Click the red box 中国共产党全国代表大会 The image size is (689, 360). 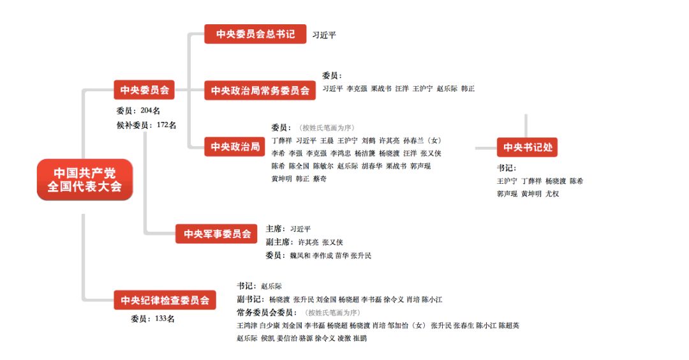click(x=84, y=179)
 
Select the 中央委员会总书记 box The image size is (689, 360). click(x=255, y=34)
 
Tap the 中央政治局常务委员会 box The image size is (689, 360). click(x=260, y=91)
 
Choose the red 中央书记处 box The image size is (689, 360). click(x=528, y=147)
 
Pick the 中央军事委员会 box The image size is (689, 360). click(x=217, y=234)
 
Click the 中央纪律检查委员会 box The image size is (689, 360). click(x=165, y=299)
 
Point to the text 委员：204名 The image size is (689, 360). click(x=135, y=110)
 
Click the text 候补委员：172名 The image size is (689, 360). click(x=142, y=124)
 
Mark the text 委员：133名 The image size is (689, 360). click(x=152, y=319)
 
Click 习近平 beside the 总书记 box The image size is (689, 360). click(x=324, y=34)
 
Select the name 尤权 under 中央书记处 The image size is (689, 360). click(x=552, y=193)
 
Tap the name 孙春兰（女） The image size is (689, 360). click(x=422, y=140)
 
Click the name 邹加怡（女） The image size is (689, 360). click(x=408, y=326)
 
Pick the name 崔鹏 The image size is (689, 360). click(x=360, y=338)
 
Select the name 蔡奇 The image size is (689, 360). click(x=320, y=179)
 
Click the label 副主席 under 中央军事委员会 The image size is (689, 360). click(x=278, y=242)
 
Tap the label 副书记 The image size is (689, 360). click(x=249, y=299)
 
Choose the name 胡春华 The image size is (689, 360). click(x=372, y=166)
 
